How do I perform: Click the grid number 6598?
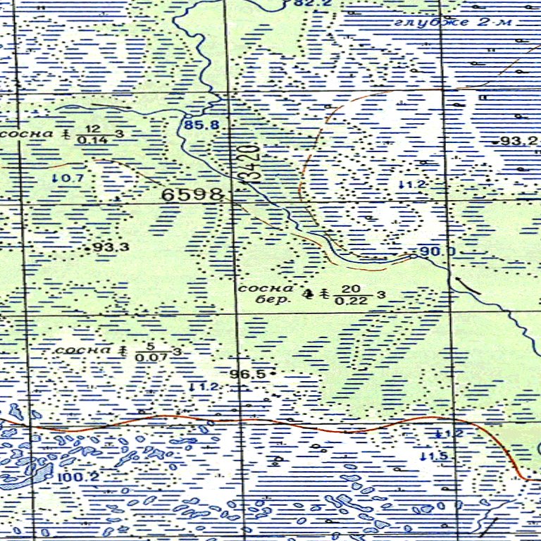coord(192,194)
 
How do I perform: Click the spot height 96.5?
coord(250,374)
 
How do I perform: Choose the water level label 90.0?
coord(438,251)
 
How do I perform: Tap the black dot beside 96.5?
coord(272,371)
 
